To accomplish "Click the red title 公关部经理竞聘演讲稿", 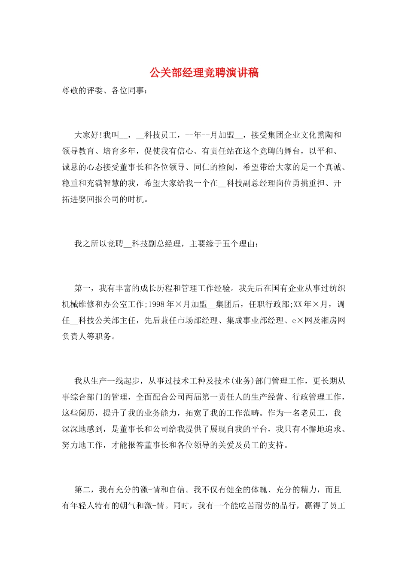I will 204,72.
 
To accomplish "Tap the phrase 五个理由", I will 239,244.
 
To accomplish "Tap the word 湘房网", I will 333,320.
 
